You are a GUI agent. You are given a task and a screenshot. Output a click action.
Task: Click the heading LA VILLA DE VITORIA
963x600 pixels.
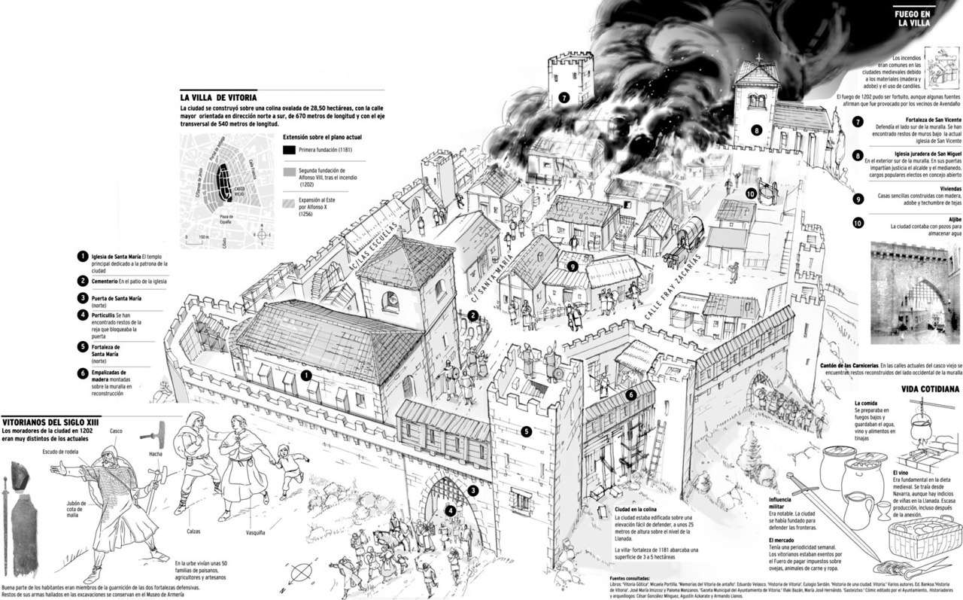[x=218, y=97]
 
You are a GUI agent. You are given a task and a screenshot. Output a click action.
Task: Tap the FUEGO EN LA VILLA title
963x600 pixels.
[x=913, y=18]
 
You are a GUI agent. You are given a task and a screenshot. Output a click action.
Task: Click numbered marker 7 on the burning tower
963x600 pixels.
[x=563, y=98]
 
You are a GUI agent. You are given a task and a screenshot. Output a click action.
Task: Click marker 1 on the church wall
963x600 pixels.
[x=306, y=375]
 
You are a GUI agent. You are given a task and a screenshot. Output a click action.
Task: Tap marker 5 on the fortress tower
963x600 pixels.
[x=527, y=431]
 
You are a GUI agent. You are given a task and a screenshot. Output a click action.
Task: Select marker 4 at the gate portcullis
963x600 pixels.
[x=450, y=510]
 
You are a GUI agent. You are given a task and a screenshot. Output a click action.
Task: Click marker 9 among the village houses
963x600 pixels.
[x=573, y=266]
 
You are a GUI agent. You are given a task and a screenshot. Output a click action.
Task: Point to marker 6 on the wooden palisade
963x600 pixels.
[x=630, y=394]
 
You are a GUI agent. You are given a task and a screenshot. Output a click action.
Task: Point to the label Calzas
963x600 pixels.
[x=198, y=531]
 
